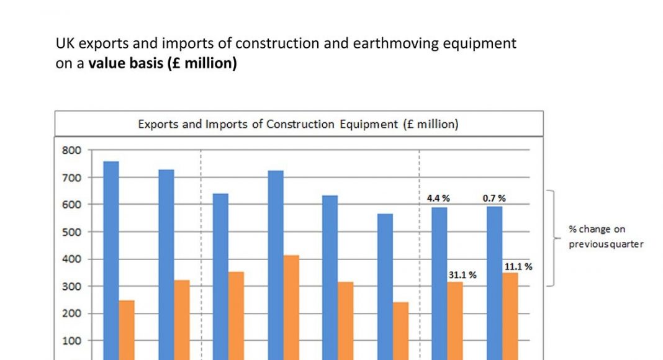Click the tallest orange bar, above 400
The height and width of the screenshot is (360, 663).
pos(291,307)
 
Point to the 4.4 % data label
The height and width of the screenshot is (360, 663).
pos(438,198)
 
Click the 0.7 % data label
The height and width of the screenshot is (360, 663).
pos(494,198)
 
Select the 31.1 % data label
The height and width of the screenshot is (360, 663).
pos(462,274)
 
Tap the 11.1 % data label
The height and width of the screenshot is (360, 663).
pos(518,266)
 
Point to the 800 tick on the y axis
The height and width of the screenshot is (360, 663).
pos(72,150)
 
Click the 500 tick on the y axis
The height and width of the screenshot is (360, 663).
pos(72,232)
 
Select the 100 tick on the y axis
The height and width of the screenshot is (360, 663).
pos(72,340)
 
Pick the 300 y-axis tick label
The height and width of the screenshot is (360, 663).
pos(72,286)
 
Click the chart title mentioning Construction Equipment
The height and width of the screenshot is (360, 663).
pos(298,124)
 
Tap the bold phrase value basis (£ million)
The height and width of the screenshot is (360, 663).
pos(163,64)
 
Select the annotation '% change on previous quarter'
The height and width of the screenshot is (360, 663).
pos(605,236)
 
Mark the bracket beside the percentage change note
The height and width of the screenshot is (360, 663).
pos(552,238)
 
